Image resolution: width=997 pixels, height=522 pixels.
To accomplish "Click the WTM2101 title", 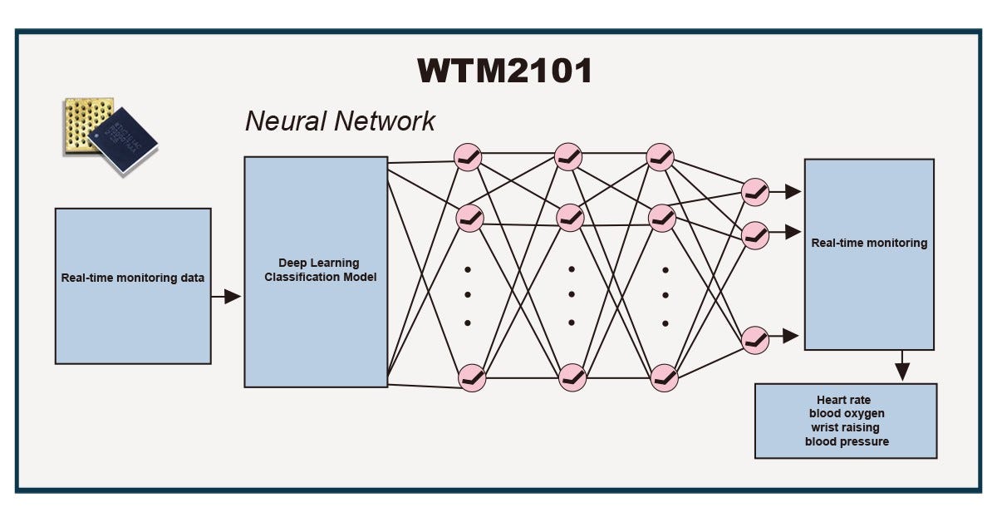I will [504, 71].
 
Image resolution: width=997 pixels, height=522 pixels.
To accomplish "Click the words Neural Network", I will [340, 121].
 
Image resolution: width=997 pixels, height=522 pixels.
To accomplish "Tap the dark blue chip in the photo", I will [124, 140].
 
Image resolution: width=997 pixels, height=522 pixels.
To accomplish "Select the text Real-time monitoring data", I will [133, 278].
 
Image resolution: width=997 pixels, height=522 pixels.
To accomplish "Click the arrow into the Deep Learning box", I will [226, 296].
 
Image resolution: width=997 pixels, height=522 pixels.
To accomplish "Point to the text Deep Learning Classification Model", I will [320, 270].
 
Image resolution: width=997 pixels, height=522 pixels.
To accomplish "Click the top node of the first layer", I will [470, 156].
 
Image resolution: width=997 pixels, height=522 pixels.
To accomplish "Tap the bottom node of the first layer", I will [471, 377].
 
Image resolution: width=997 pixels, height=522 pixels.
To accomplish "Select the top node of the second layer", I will [570, 156].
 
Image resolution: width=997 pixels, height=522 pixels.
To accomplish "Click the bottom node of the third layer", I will [664, 377].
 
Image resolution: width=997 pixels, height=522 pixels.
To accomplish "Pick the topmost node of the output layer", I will [755, 192].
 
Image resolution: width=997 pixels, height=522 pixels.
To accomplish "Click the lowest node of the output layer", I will [755, 339].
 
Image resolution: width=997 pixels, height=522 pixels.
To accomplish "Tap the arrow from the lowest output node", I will [785, 337].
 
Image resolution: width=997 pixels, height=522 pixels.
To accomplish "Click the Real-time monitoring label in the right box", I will [869, 244].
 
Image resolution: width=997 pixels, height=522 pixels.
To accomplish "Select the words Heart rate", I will [844, 400].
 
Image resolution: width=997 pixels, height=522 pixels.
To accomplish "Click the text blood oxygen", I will [846, 413].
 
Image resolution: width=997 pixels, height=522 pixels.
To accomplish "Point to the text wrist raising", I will [846, 427].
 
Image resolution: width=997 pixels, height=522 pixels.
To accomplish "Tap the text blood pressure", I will [846, 441].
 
